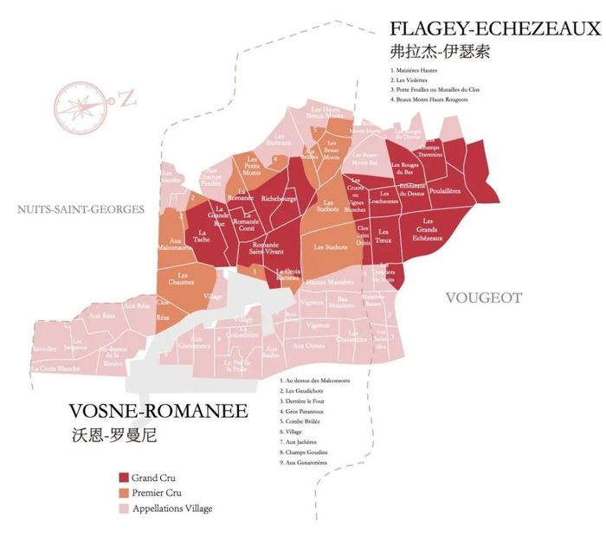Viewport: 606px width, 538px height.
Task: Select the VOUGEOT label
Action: (483, 298)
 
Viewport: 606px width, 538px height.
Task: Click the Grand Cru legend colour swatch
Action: (124, 477)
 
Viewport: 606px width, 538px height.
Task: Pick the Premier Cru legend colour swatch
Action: (124, 493)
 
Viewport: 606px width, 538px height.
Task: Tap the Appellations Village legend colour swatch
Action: (124, 509)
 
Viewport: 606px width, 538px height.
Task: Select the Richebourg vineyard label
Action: (278, 198)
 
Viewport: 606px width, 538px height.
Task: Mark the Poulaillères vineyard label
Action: (444, 190)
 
